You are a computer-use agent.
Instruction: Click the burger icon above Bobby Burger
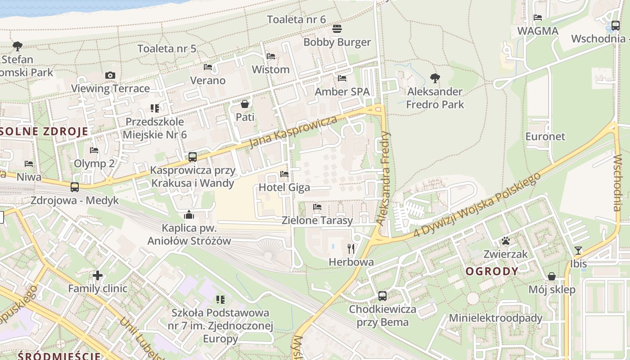pos(337,29)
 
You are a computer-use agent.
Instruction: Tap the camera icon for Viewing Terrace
pos(110,75)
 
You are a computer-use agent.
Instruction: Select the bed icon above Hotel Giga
pos(284,174)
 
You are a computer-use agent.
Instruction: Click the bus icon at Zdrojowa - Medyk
pos(75,187)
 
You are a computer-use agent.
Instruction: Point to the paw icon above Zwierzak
pos(506,241)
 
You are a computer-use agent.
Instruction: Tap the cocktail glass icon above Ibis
pos(578,250)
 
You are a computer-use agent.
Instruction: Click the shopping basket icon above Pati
pos(245,104)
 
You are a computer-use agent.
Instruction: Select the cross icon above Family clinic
pos(98,275)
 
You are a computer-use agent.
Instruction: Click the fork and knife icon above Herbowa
pos(351,248)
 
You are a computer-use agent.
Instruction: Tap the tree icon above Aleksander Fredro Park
pos(435,78)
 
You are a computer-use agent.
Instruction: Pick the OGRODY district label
pos(492,271)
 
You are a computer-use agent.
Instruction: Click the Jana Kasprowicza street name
pos(293,133)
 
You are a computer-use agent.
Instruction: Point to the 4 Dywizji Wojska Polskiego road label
pos(477,205)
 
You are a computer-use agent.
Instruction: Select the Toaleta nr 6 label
pos(296,19)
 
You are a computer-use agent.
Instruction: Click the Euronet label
pos(545,136)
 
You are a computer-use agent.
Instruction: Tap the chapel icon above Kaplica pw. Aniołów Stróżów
pos(189,214)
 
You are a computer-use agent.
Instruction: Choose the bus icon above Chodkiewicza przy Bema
pos(382,296)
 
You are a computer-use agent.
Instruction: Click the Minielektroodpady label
pos(496,318)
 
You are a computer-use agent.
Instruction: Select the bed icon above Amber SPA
pos(342,78)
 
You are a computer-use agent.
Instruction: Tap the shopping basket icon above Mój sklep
pos(552,276)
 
